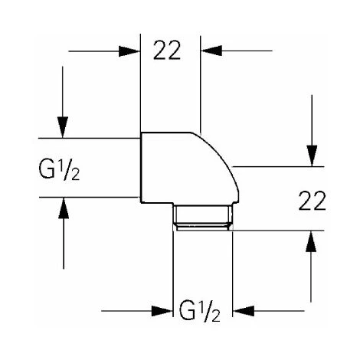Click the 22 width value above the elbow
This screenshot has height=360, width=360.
click(x=170, y=52)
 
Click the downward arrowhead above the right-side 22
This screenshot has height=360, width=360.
click(x=310, y=157)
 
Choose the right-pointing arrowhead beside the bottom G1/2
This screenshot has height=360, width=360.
click(x=164, y=312)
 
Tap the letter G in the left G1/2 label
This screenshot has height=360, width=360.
click(x=45, y=167)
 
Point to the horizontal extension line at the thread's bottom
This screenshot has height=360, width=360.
click(x=276, y=229)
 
